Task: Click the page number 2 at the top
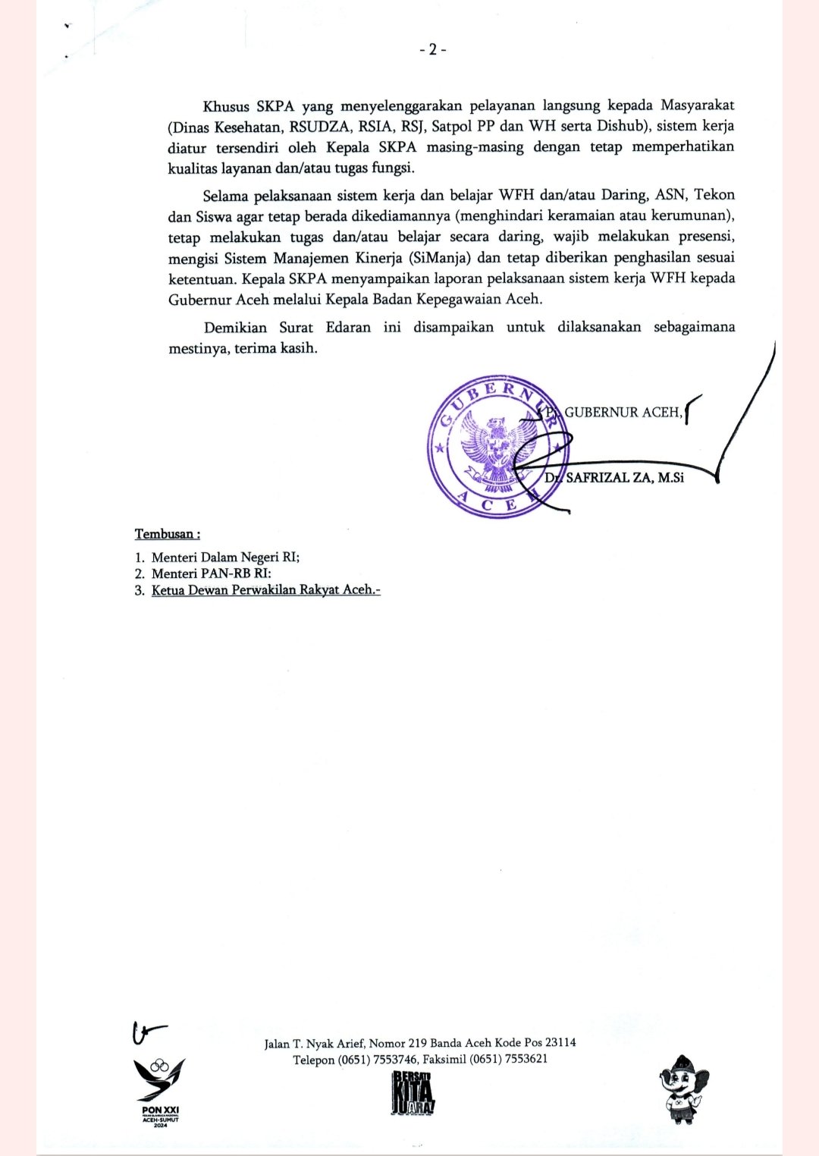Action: [433, 50]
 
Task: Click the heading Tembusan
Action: [167, 534]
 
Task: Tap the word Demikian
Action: [235, 328]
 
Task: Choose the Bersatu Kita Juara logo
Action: [413, 1094]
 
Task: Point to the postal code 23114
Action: [560, 1043]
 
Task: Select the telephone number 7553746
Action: [395, 1060]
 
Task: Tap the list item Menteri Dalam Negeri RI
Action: [225, 558]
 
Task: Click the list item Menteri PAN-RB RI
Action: [211, 574]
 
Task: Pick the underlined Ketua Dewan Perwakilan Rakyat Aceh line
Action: [265, 590]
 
